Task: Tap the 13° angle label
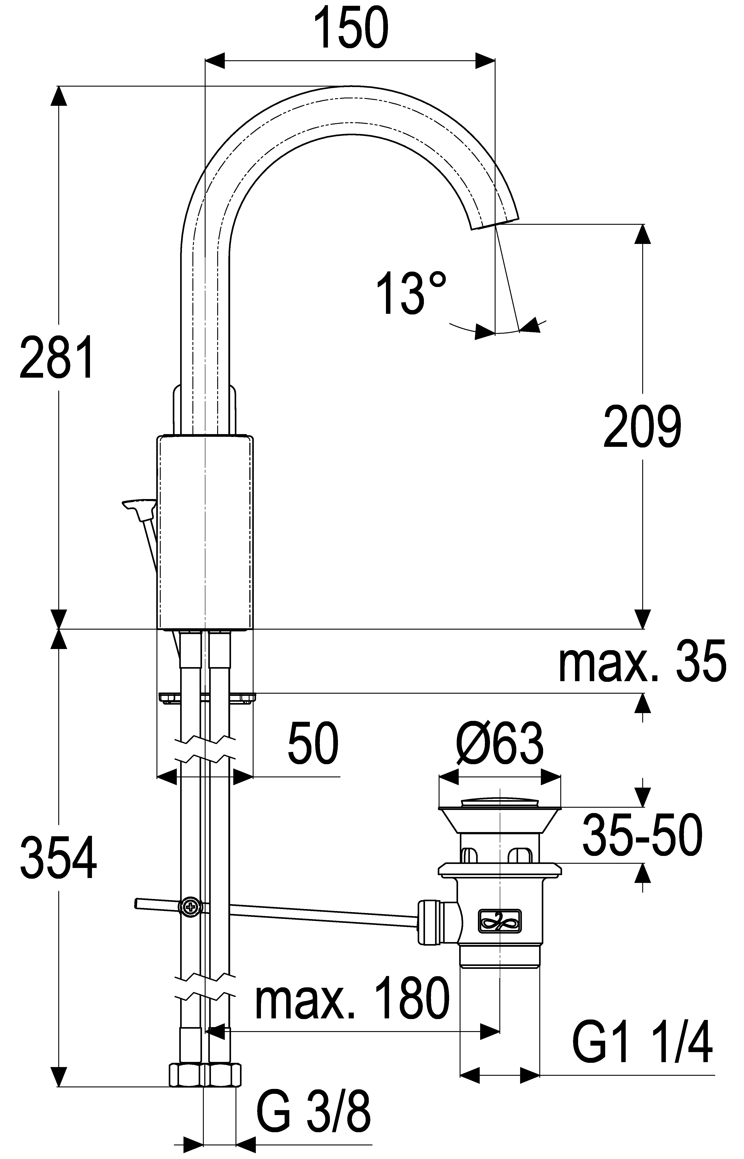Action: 411,293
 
